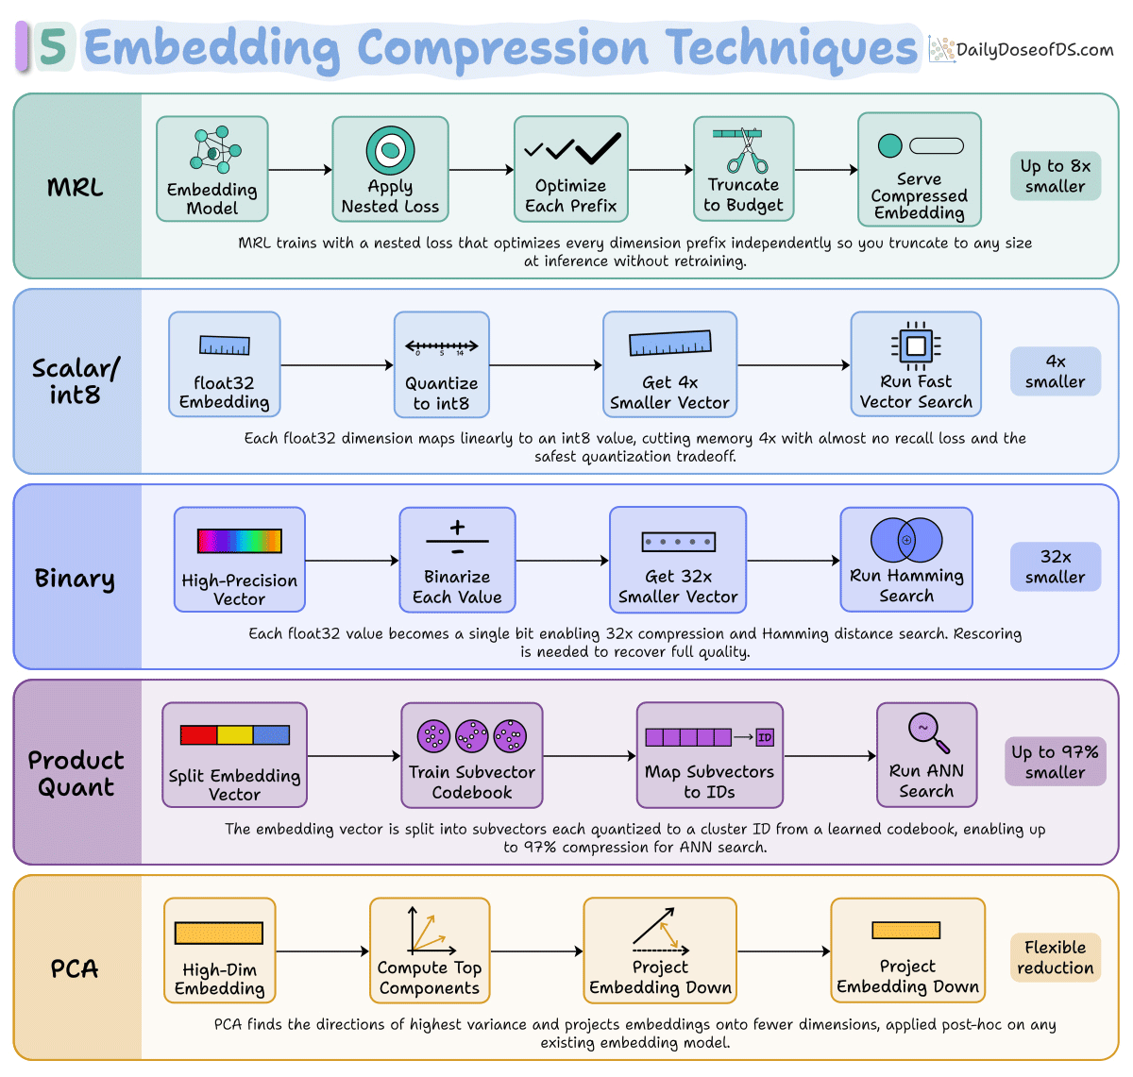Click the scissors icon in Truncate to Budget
point(747,151)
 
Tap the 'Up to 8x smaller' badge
point(1055,176)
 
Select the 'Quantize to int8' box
point(442,364)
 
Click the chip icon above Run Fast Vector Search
point(916,345)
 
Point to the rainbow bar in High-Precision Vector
point(239,541)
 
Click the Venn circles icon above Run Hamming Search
point(906,539)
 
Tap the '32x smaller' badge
point(1055,566)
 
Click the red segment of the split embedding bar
point(199,734)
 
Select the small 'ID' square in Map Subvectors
point(764,737)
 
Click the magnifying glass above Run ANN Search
point(927,732)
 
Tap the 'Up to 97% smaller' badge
point(1055,761)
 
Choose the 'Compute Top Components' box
point(430,951)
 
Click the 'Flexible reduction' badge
point(1055,957)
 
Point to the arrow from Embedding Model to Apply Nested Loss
point(300,169)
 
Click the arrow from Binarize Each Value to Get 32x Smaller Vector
point(563,560)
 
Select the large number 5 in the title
point(54,46)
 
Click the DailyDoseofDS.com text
point(1035,50)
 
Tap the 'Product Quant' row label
point(76,773)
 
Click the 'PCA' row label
point(75,968)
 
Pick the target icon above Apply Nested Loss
point(390,150)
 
